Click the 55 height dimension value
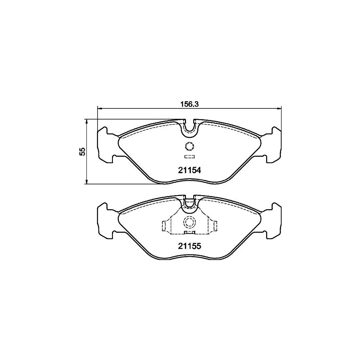click(x=82, y=152)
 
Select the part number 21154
click(x=189, y=170)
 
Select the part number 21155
click(x=189, y=246)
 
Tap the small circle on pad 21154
click(x=189, y=146)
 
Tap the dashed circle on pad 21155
click(x=189, y=222)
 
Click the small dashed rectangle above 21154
click(x=189, y=156)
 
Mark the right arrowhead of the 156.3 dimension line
click(x=280, y=108)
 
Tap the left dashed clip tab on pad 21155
click(x=164, y=226)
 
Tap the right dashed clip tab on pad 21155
click(x=214, y=226)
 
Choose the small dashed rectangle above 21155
click(x=189, y=232)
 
